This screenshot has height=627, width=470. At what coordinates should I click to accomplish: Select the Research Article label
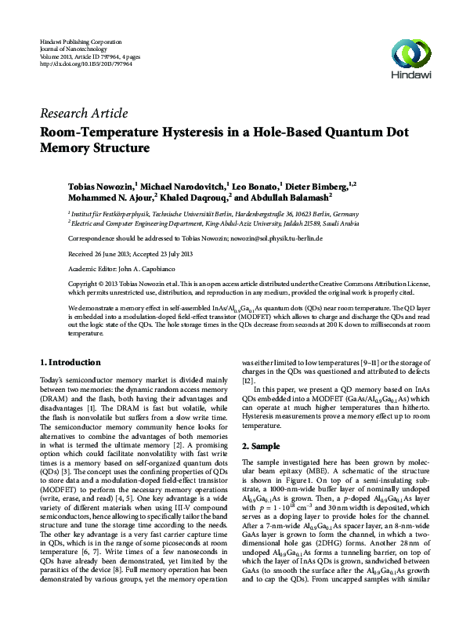point(75,113)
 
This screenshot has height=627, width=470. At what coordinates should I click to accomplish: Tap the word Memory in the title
point(69,147)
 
